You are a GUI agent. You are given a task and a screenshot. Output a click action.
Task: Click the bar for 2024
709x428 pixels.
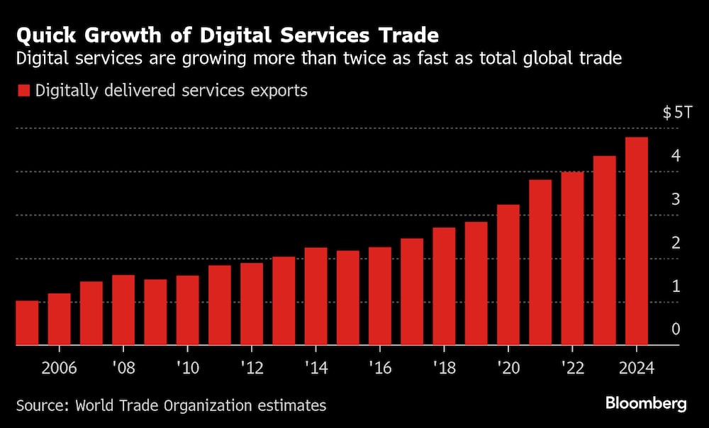click(636, 241)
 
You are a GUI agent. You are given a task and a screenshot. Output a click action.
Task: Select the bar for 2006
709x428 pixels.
click(59, 319)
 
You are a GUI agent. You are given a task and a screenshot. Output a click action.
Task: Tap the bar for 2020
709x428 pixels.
click(508, 275)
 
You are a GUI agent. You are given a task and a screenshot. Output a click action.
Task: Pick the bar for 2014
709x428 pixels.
click(316, 296)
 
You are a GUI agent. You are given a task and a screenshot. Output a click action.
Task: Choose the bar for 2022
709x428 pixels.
click(572, 259)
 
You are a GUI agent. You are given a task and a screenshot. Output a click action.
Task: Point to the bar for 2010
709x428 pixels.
click(187, 310)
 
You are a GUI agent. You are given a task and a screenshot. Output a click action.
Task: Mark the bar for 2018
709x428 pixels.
click(444, 286)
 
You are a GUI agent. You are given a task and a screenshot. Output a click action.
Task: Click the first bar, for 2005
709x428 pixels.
click(27, 323)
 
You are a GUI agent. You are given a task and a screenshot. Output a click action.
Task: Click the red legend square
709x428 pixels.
click(23, 91)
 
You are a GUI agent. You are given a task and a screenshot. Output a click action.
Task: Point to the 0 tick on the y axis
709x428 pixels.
click(676, 329)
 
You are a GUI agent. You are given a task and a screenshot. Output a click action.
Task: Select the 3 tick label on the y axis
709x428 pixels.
click(676, 199)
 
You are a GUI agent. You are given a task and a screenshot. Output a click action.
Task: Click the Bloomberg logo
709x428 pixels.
click(646, 403)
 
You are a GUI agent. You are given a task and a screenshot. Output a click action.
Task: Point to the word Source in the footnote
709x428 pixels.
click(42, 405)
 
